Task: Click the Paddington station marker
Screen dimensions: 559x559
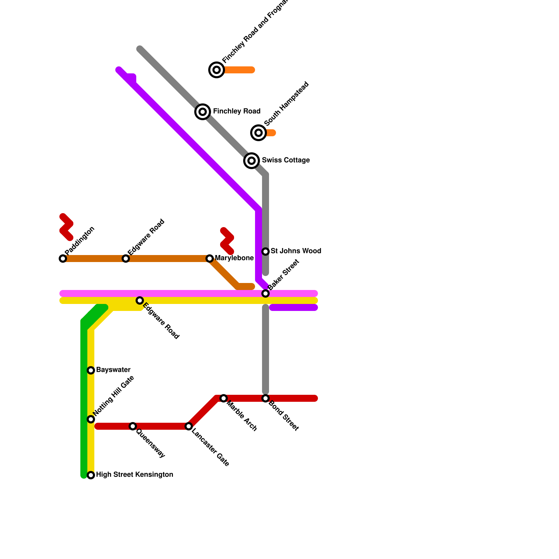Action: pos(63,259)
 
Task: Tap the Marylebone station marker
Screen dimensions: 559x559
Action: pos(210,259)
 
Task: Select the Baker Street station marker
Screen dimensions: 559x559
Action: pos(266,293)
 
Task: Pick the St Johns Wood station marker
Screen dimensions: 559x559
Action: pos(266,252)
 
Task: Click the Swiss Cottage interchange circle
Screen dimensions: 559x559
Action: pos(252,161)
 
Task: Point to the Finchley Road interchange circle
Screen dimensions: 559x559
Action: pos(203,112)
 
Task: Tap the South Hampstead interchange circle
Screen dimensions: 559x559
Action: pos(259,133)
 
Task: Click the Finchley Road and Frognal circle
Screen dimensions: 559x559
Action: pos(217,70)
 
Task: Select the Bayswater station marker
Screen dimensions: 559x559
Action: pos(91,370)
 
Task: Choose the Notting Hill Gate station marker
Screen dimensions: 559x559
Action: pos(91,419)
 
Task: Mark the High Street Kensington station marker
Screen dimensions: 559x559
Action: pos(91,475)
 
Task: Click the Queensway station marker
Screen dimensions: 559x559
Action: pos(133,426)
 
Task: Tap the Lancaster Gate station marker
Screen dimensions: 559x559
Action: pos(189,426)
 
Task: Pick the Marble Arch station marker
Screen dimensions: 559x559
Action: pos(224,398)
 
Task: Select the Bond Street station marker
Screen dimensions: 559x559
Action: pos(266,398)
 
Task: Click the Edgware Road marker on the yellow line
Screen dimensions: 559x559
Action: pos(140,300)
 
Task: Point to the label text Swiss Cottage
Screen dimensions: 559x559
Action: pos(286,160)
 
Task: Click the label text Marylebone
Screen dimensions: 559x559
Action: pos(234,258)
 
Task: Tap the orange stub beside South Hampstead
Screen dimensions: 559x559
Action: pos(271,133)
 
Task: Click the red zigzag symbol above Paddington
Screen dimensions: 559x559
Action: pos(66,227)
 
